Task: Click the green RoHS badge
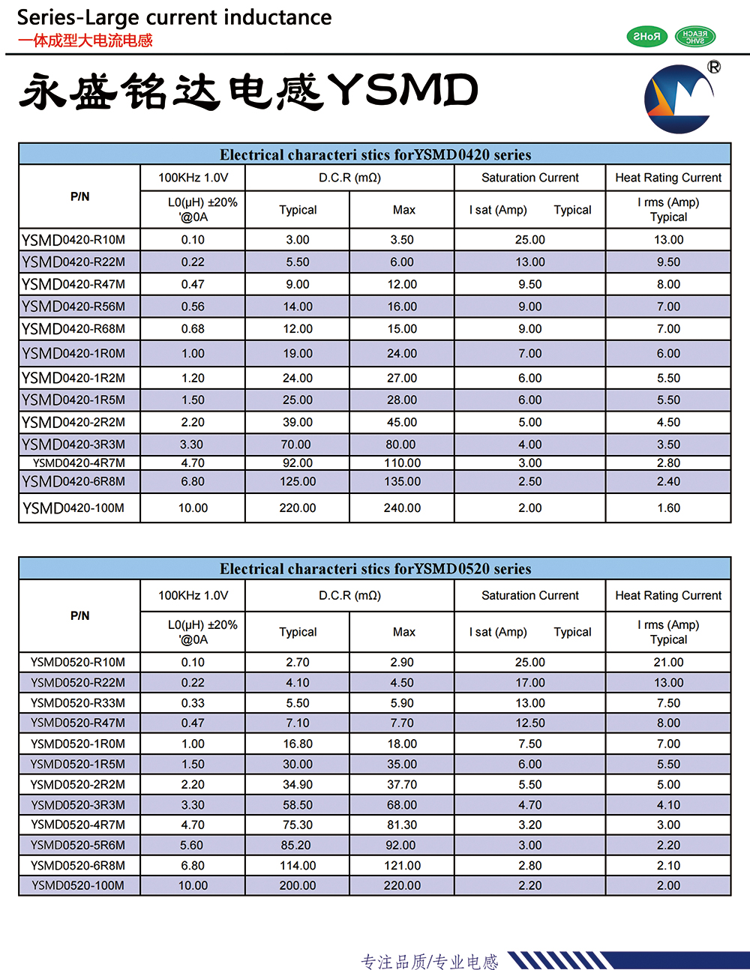[646, 36]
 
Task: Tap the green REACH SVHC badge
[695, 36]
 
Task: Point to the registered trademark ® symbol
[714, 67]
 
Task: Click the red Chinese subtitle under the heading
[85, 40]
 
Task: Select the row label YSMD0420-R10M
[73, 240]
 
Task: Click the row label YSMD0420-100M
[73, 508]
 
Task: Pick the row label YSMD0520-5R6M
[78, 845]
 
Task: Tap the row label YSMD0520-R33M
[78, 703]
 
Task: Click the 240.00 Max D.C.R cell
[402, 508]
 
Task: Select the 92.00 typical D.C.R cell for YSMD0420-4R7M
[298, 463]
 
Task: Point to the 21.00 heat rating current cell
[668, 663]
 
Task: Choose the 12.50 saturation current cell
[530, 723]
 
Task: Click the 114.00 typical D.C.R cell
[298, 866]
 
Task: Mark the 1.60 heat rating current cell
[668, 508]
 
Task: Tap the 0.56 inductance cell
[193, 307]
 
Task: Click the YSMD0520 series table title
[375, 569]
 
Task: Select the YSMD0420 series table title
[375, 155]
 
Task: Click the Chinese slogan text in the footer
[430, 961]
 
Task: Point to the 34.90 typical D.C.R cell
[298, 785]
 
